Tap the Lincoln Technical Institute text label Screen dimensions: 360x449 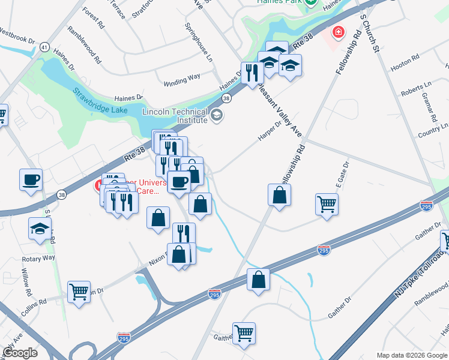tap(174, 116)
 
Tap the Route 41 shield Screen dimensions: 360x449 tap(44, 46)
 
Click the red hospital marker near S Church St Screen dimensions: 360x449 tap(339, 31)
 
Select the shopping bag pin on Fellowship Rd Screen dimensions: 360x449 tap(279, 195)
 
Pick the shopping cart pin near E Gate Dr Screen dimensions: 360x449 tap(327, 204)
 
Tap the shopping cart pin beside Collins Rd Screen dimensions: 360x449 tap(79, 292)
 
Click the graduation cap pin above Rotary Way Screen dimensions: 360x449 tap(40, 228)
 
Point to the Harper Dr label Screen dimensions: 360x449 tap(270, 128)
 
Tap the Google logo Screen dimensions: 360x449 tap(20, 353)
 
